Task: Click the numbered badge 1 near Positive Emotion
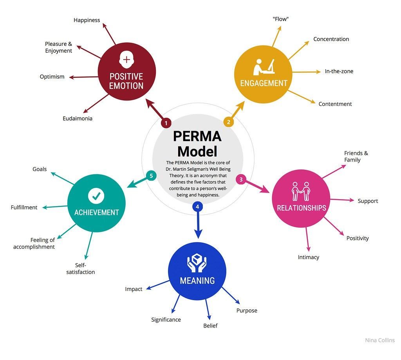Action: pyautogui.click(x=166, y=123)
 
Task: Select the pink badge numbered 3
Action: pyautogui.click(x=241, y=180)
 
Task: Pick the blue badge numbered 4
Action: pyautogui.click(x=198, y=206)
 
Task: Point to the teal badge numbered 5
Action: pyautogui.click(x=151, y=176)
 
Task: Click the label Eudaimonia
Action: pyautogui.click(x=78, y=118)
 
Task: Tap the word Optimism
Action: pyautogui.click(x=52, y=77)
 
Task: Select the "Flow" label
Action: pyautogui.click(x=281, y=19)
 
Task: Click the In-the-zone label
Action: pyautogui.click(x=339, y=71)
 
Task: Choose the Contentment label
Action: pyautogui.click(x=335, y=104)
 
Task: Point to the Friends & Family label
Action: pyautogui.click(x=356, y=157)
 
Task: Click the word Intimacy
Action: pyautogui.click(x=309, y=257)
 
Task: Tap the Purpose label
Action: pyautogui.click(x=247, y=311)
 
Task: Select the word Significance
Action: pyautogui.click(x=166, y=320)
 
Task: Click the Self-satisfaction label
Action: pyautogui.click(x=81, y=268)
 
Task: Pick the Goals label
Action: pyautogui.click(x=40, y=169)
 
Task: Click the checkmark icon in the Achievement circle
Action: pyautogui.click(x=96, y=196)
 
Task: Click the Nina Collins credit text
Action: pyautogui.click(x=380, y=340)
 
